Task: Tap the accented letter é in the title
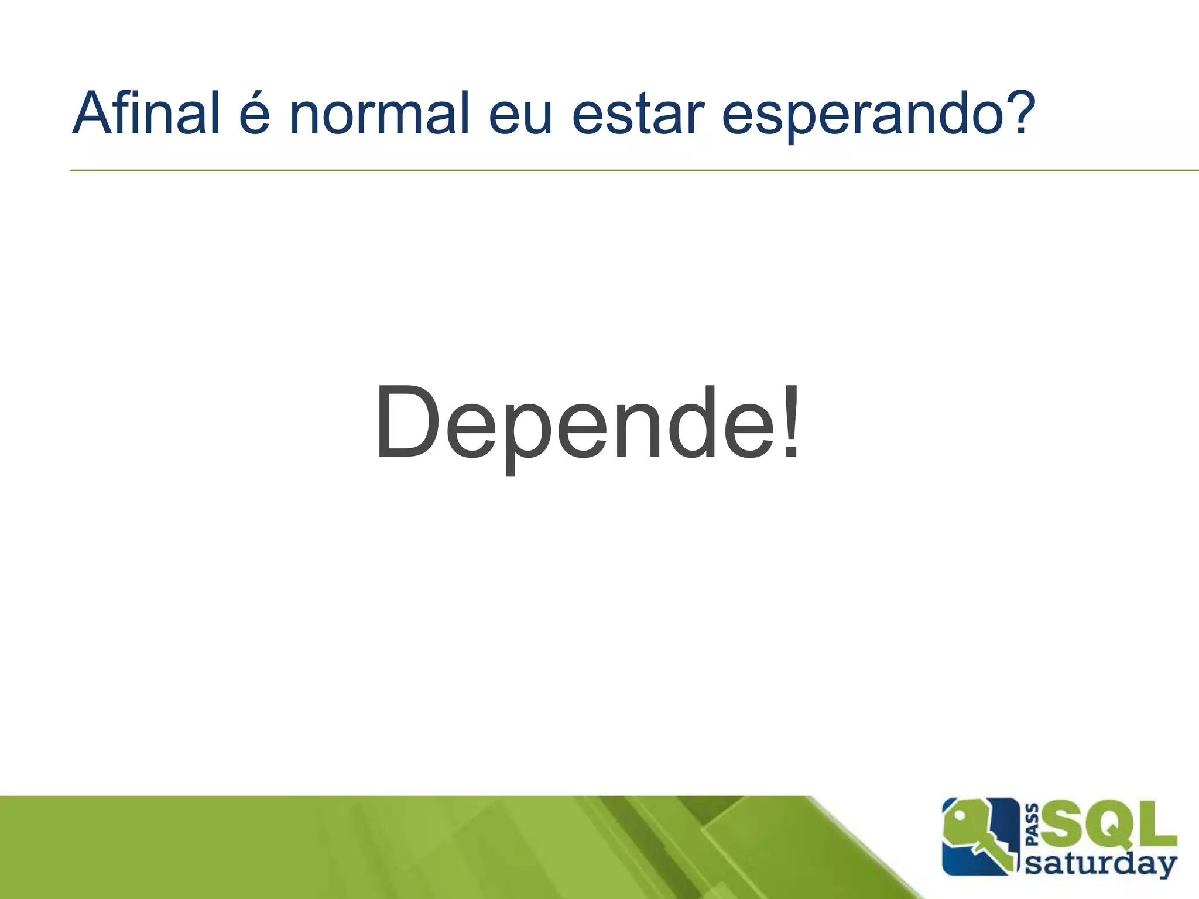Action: pyautogui.click(x=254, y=114)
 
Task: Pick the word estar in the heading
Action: pyautogui.click(x=638, y=114)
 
